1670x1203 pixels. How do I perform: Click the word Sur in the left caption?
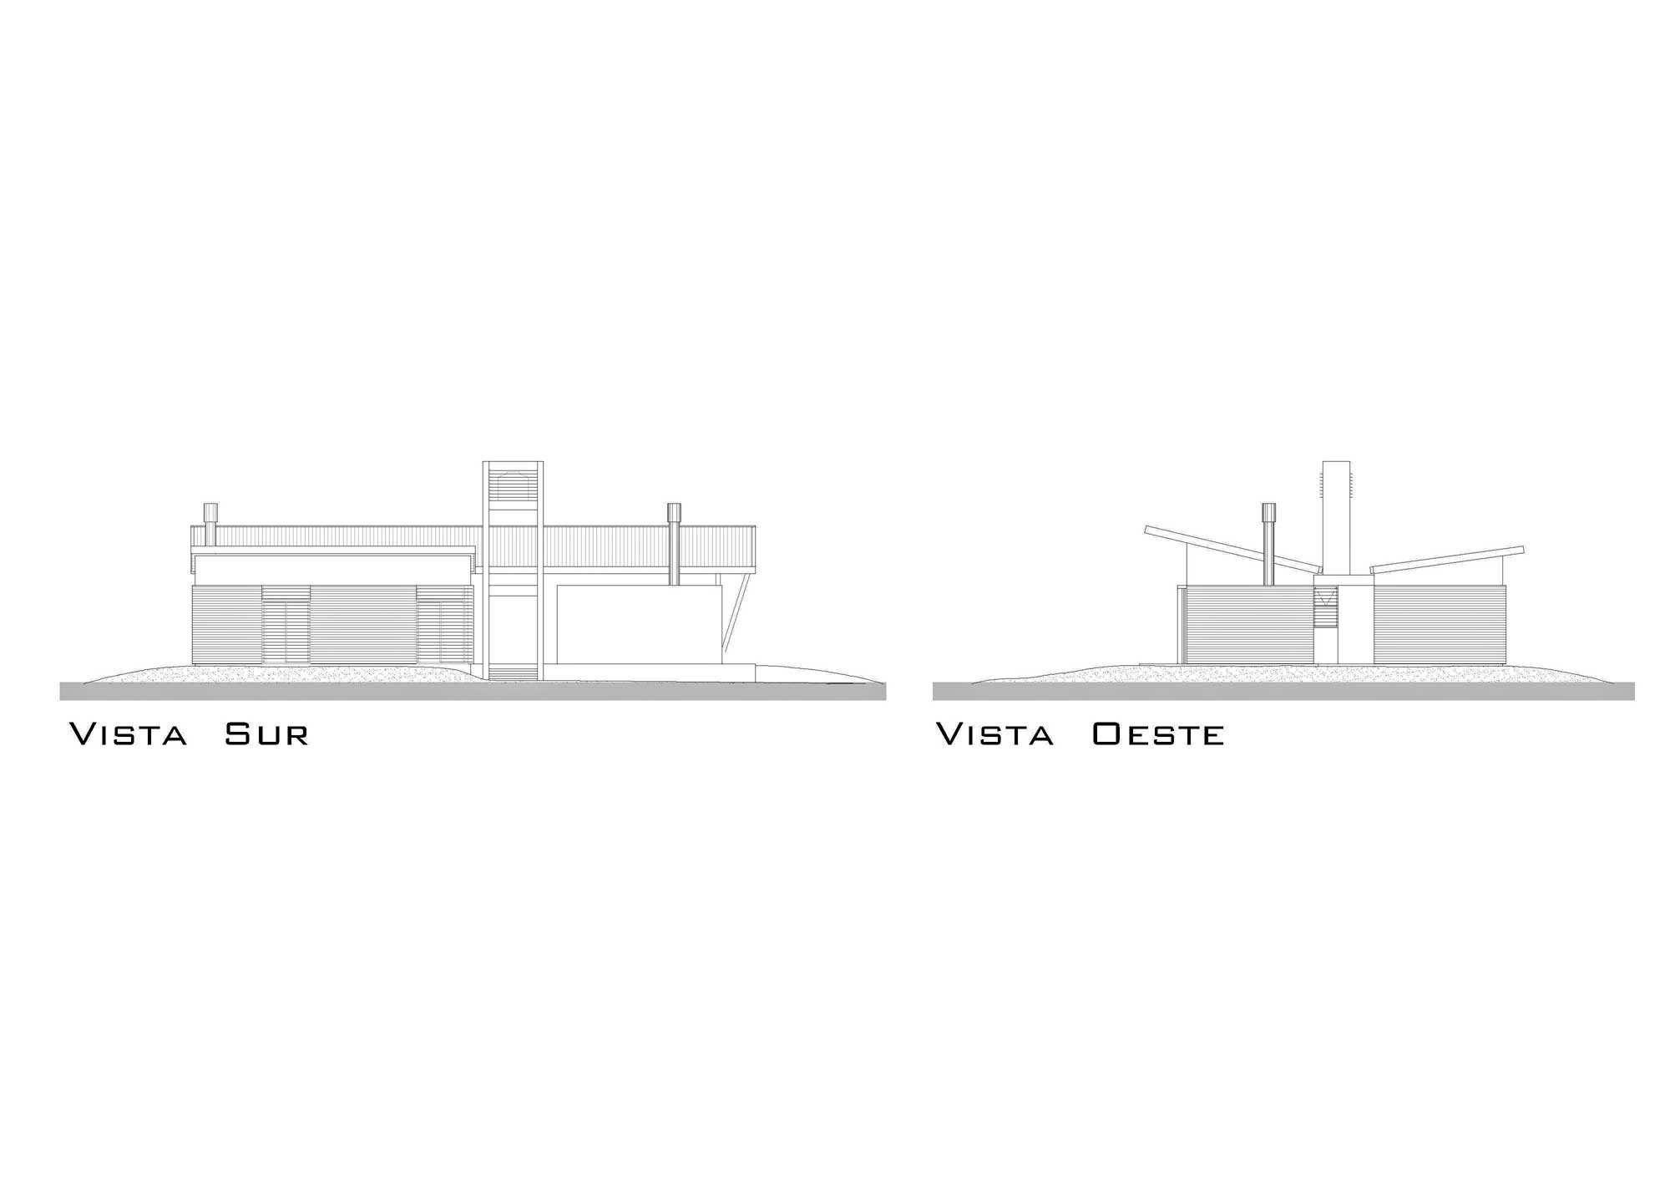[x=267, y=734]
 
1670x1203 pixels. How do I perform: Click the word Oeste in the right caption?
[x=1158, y=734]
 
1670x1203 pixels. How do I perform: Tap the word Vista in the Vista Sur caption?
[x=128, y=734]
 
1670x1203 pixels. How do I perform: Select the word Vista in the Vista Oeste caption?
[x=994, y=734]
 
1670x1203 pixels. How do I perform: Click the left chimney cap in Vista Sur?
[x=211, y=512]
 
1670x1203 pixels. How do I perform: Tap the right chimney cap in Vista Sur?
[x=674, y=512]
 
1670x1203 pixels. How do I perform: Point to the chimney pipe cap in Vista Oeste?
[x=1269, y=512]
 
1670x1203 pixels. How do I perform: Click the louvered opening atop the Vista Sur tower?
[x=514, y=487]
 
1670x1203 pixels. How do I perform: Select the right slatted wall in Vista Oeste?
[x=1440, y=625]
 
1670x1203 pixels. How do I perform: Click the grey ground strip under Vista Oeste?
[x=1283, y=691]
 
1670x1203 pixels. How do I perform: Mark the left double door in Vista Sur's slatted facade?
[x=286, y=626]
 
